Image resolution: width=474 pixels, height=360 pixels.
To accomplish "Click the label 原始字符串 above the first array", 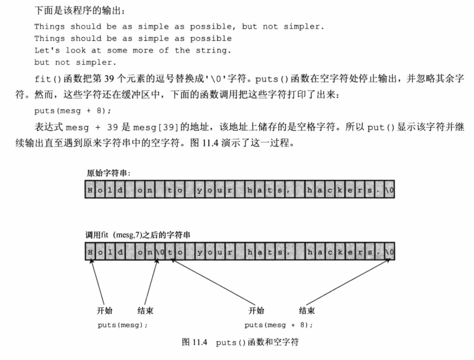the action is (108, 173).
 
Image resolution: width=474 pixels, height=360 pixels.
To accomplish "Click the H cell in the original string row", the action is (91, 190).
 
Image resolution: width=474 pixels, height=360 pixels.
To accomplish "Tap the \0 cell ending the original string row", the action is (390, 190).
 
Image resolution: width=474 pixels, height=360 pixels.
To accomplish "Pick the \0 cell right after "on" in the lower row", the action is (159, 252).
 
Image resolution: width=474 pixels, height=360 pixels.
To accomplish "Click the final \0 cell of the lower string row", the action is (390, 252).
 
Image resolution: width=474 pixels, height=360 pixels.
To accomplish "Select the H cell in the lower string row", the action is (91, 252).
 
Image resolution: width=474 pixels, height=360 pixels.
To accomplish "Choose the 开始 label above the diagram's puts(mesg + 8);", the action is (256, 310).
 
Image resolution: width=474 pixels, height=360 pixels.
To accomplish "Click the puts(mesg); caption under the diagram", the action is (122, 324).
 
